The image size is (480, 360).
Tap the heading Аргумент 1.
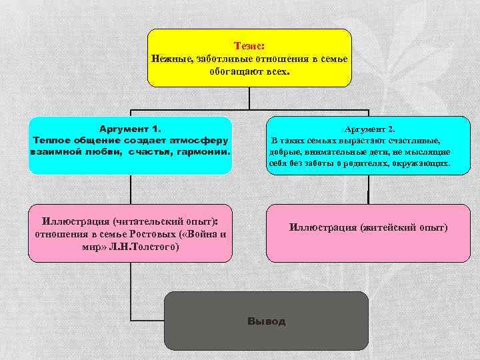pyautogui.click(x=130, y=128)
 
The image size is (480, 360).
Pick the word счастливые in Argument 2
pyautogui.click(x=417, y=141)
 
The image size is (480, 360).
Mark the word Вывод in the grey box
pyautogui.click(x=266, y=321)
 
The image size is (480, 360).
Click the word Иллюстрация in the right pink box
pyautogui.click(x=323, y=227)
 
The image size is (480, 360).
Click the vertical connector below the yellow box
pyautogui.click(x=249, y=99)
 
